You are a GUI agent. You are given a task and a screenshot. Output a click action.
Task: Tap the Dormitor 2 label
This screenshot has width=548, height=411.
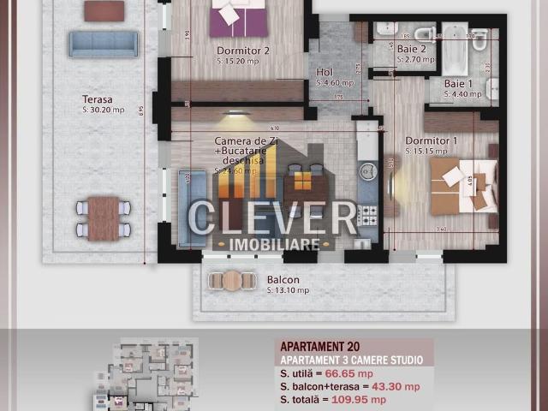(x=242, y=51)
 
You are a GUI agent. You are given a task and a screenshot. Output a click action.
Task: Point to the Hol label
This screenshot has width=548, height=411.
(x=325, y=74)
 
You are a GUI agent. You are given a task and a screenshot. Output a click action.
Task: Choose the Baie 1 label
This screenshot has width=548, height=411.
(x=460, y=83)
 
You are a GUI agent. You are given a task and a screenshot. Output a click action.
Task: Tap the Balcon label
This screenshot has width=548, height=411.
(x=283, y=280)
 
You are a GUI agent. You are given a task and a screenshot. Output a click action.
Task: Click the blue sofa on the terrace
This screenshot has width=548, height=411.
(x=104, y=44)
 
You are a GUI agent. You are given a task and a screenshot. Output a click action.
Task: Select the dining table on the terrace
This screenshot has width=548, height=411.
(x=104, y=217)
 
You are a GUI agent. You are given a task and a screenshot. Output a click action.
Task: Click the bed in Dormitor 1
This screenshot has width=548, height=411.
(x=460, y=183)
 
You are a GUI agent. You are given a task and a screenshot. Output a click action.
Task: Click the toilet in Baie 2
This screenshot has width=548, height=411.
(x=424, y=34)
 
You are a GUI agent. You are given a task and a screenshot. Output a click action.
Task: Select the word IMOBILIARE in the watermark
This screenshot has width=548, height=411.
(x=275, y=244)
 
